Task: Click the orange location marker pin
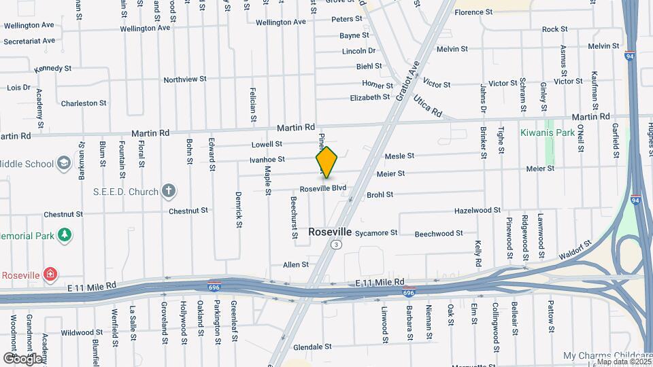[x=326, y=162]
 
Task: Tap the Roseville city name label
[x=330, y=232]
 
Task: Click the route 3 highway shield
[x=335, y=243]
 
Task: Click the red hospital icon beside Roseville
[x=50, y=275]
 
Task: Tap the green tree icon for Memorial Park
[x=65, y=234]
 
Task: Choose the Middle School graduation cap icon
[x=63, y=164]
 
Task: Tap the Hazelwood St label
[x=478, y=211]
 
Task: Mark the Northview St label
[x=185, y=80]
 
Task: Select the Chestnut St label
[x=63, y=214]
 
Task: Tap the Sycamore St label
[x=376, y=232]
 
